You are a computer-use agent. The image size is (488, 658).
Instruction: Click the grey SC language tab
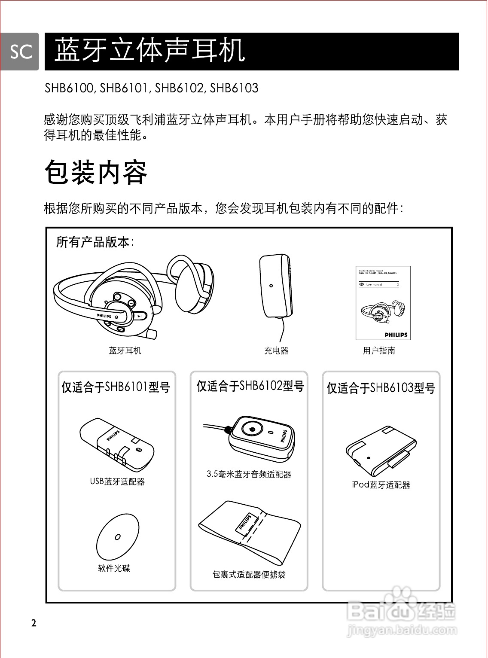[x=20, y=52]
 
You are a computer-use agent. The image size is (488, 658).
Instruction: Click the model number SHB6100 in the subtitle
[x=69, y=88]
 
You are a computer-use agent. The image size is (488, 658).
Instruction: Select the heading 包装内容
[x=96, y=172]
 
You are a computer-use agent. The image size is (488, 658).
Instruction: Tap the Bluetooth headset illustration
[x=133, y=296]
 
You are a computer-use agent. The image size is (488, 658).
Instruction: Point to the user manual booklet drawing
[x=383, y=303]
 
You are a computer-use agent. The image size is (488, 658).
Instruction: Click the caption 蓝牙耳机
[x=125, y=350]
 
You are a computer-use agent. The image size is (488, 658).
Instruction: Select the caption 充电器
[x=276, y=350]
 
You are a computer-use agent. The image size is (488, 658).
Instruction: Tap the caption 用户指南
[x=379, y=350]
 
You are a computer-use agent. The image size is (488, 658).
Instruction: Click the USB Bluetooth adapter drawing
[x=116, y=445]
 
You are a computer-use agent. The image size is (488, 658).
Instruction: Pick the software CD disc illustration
[x=118, y=536]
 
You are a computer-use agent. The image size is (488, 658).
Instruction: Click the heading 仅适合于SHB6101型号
[x=116, y=387]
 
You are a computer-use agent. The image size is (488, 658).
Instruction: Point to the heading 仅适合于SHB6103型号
[x=381, y=388]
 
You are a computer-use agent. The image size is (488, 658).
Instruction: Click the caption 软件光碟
[x=114, y=568]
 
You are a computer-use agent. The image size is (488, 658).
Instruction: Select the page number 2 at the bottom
[x=34, y=623]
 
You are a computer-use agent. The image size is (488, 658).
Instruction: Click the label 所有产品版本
[x=95, y=242]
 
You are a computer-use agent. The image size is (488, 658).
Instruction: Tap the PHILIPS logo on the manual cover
[x=396, y=335]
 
